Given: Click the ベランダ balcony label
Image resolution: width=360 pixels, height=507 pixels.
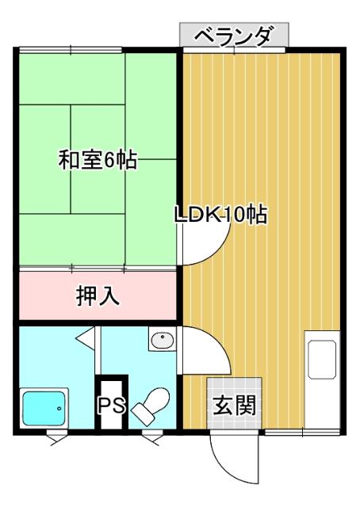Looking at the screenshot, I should pos(233,36).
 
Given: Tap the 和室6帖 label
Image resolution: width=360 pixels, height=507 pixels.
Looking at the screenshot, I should pos(98,159).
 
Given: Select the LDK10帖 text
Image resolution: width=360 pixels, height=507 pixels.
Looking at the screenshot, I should pos(220,215).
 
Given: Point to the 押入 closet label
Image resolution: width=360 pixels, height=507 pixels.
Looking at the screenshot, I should pos(98,295).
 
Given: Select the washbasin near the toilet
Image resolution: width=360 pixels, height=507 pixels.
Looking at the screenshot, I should pos(162,341).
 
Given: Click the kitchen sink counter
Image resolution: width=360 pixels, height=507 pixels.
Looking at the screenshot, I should pos(323,361).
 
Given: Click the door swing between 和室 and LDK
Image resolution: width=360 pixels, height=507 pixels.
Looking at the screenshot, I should pos(202,250).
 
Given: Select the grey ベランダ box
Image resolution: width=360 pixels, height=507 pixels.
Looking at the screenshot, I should pos(233,36).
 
